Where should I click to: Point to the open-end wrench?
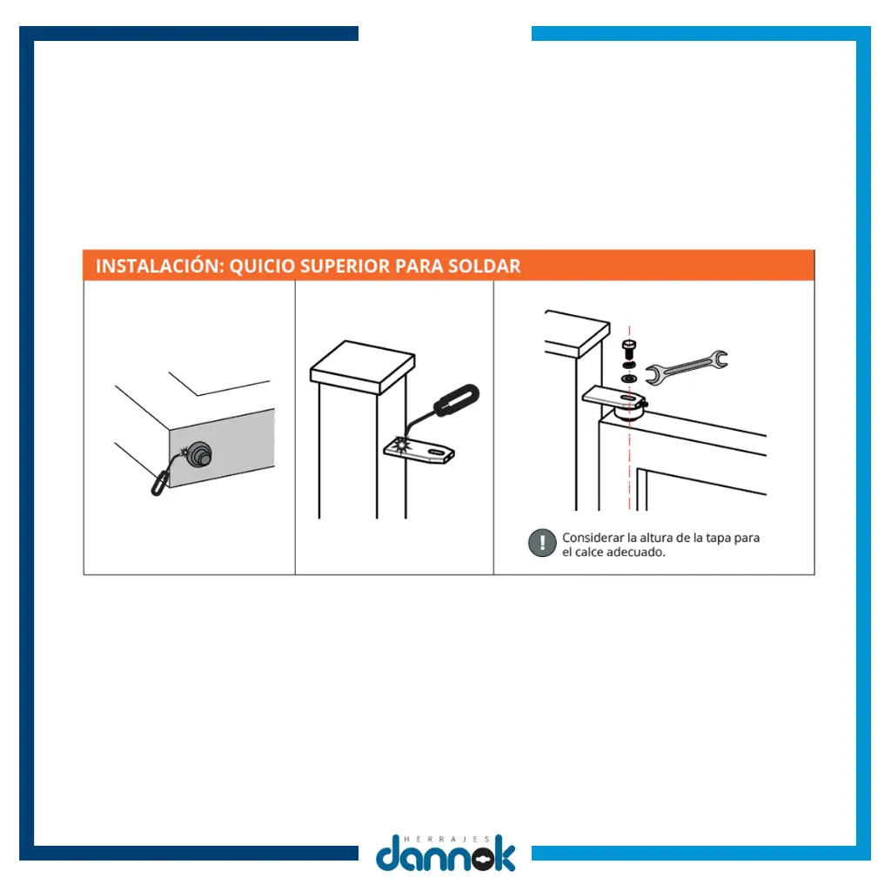[x=687, y=367]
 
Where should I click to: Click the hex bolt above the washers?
[x=629, y=349]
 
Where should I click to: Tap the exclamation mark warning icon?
[x=542, y=543]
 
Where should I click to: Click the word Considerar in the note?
[x=593, y=538]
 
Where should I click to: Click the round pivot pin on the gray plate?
[x=199, y=454]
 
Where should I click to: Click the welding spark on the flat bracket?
[x=403, y=444]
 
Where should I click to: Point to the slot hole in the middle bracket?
[x=437, y=452]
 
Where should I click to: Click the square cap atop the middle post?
[x=363, y=367]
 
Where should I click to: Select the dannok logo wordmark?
[x=445, y=854]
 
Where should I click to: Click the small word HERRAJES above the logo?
[x=446, y=839]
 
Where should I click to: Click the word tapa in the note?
[x=718, y=538]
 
